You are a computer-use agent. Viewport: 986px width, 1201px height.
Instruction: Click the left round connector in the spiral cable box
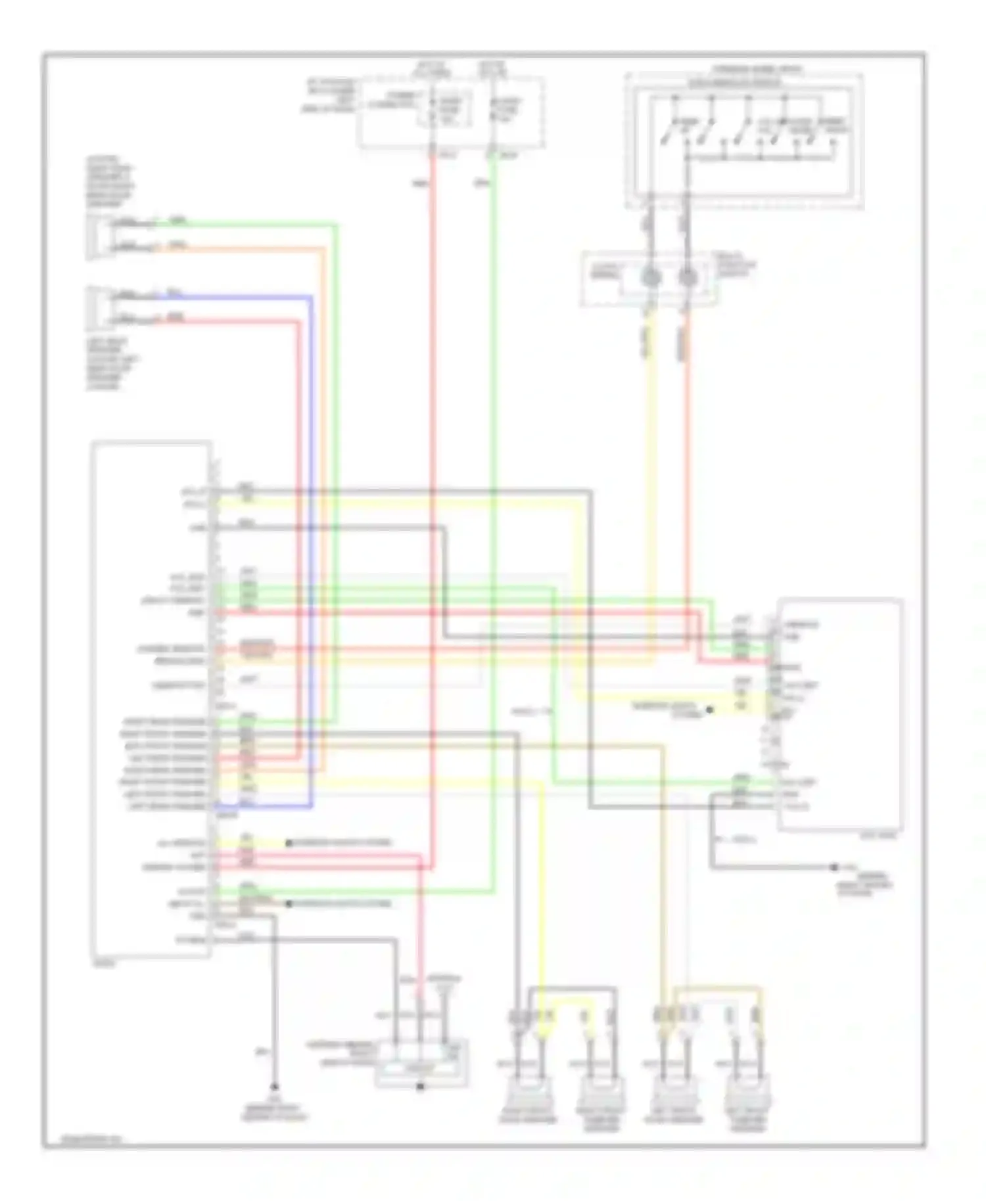pos(651,278)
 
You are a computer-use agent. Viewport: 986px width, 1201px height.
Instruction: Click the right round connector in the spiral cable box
pos(688,278)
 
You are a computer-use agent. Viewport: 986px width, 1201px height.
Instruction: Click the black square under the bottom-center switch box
pos(420,1087)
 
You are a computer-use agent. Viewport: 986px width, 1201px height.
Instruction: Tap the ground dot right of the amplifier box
pos(833,867)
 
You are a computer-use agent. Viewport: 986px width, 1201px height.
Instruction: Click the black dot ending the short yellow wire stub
pos(288,842)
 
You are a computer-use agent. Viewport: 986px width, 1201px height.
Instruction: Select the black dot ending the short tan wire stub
pos(288,904)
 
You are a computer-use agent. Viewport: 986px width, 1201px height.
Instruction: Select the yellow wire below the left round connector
pos(652,460)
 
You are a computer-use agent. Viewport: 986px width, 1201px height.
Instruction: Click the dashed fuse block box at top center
pos(451,112)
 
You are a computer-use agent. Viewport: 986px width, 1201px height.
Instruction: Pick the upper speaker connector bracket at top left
pos(96,235)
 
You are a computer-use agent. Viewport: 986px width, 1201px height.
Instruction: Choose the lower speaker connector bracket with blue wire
pos(96,307)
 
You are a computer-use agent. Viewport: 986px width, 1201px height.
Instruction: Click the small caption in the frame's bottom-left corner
pos(82,1140)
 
